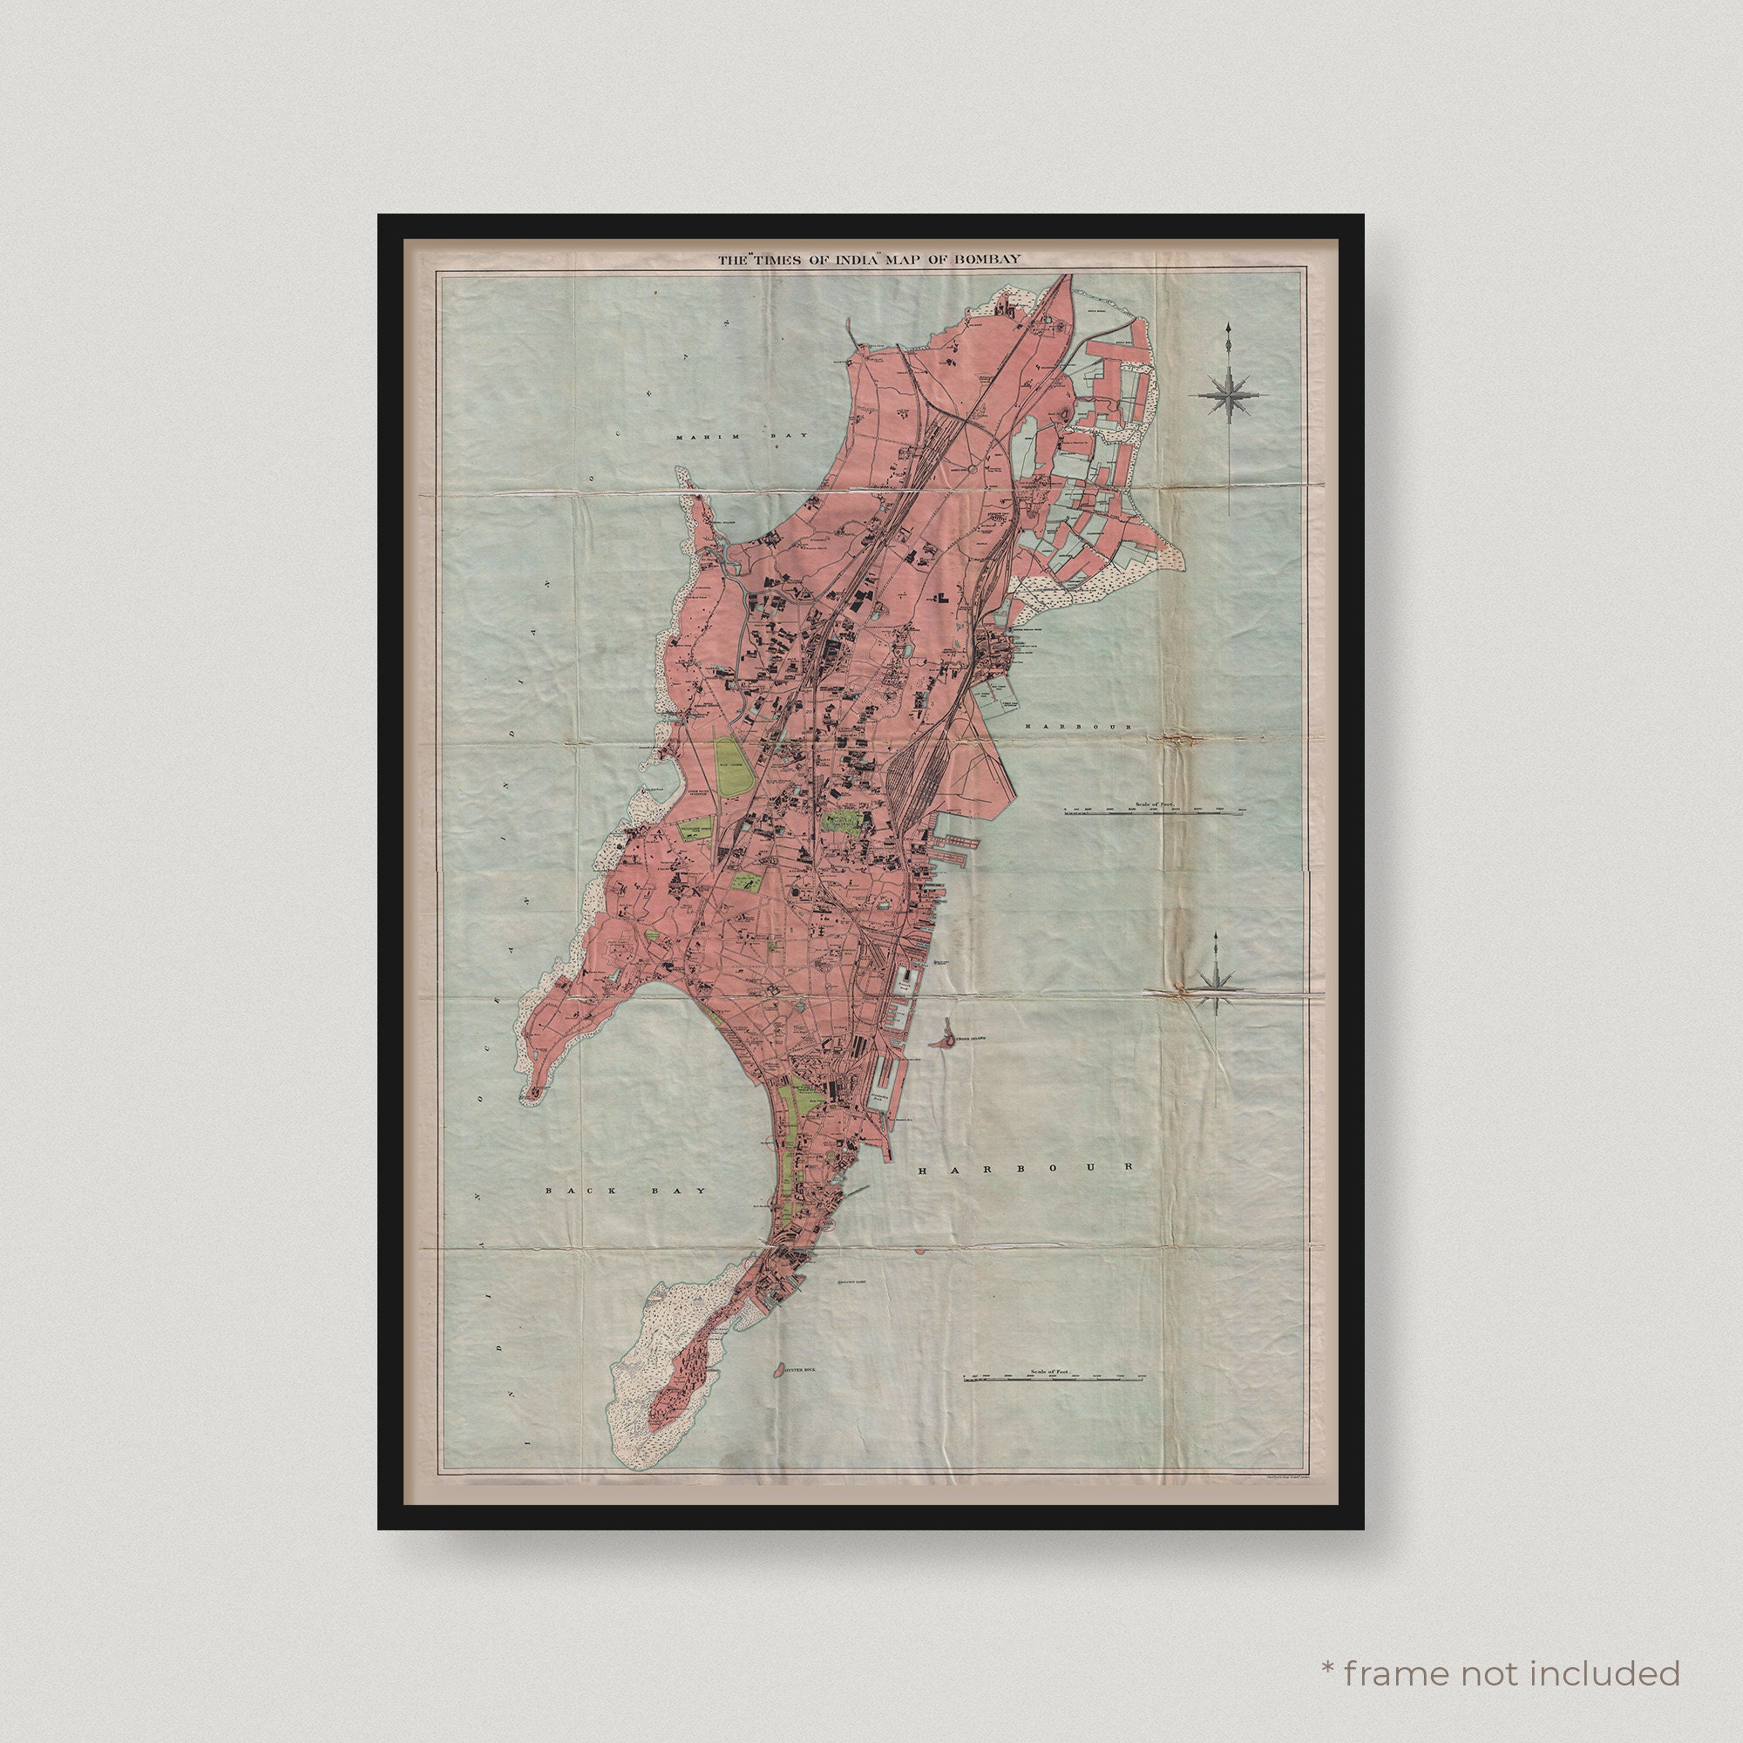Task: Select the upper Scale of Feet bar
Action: pyautogui.click(x=1150, y=813)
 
